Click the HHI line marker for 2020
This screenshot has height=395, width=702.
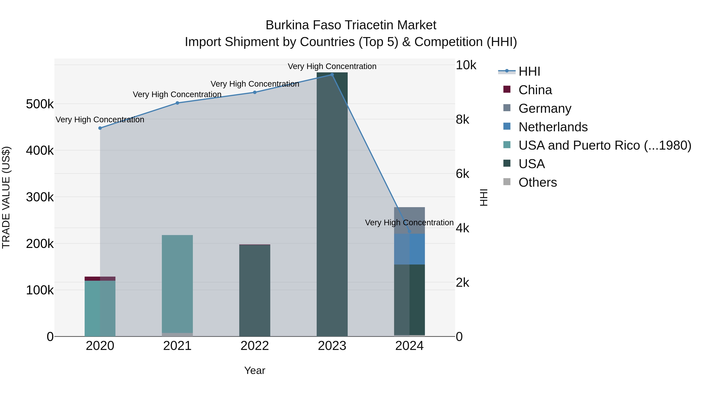click(x=100, y=128)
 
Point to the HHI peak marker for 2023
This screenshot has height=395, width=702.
click(x=332, y=75)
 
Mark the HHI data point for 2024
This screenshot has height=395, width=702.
click(x=409, y=231)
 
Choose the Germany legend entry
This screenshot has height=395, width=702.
click(x=544, y=108)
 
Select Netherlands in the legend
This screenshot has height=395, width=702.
click(x=553, y=127)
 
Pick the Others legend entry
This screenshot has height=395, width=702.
click(x=537, y=182)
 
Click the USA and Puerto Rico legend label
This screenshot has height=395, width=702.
click(x=605, y=146)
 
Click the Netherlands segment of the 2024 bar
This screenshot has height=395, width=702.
click(x=409, y=249)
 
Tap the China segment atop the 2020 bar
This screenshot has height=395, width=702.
click(x=100, y=279)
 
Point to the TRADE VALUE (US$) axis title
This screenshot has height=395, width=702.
click(x=6, y=197)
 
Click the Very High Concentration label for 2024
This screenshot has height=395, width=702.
click(x=409, y=223)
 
